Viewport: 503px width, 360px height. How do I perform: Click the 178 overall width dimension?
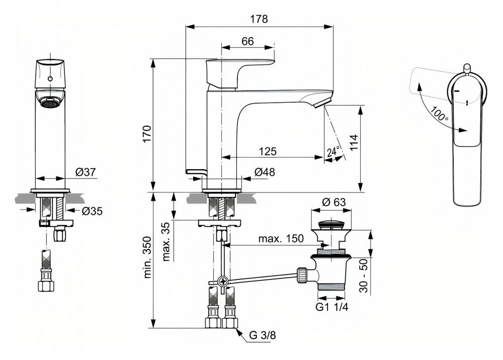click(x=260, y=19)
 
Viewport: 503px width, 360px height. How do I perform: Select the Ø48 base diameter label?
click(x=265, y=172)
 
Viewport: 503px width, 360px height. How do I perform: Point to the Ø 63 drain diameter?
click(x=333, y=202)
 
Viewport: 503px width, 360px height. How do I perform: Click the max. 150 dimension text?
click(x=281, y=239)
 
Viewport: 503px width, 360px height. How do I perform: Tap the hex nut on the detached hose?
click(x=47, y=285)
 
